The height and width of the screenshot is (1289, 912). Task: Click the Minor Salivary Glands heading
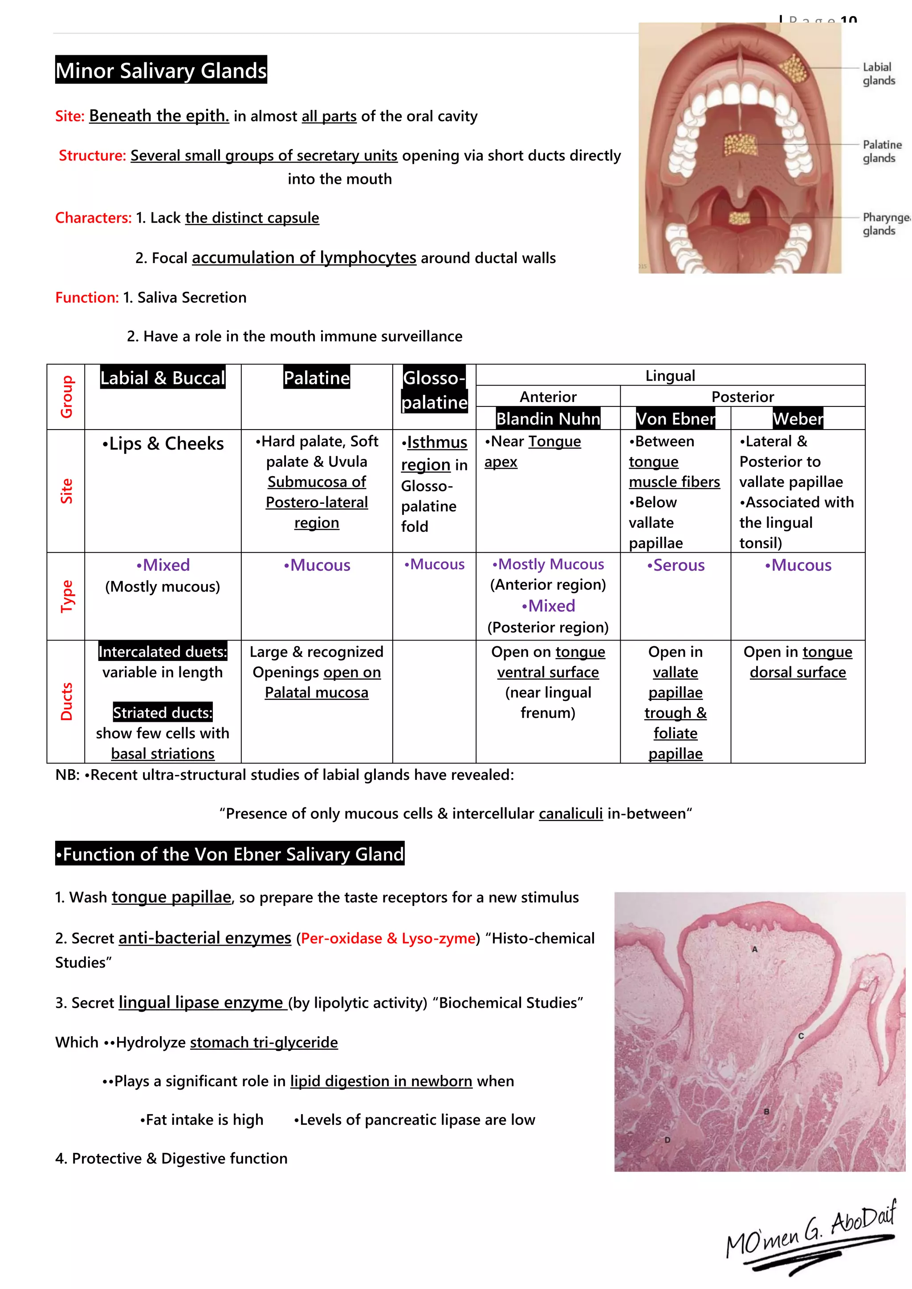click(161, 70)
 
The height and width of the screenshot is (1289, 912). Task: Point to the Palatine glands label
click(881, 152)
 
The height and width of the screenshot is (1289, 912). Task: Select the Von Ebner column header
click(675, 419)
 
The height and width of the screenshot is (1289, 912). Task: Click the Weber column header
click(798, 419)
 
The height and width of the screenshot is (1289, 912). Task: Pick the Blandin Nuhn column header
click(548, 419)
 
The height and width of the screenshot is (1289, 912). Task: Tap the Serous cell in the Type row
click(675, 565)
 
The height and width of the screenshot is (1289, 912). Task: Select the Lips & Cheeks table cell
click(163, 443)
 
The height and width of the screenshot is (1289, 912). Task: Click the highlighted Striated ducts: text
click(163, 713)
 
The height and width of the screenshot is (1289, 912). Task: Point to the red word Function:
click(86, 298)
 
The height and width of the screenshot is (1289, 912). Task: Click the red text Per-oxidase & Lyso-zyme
click(388, 938)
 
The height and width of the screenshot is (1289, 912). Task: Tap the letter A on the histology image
click(755, 949)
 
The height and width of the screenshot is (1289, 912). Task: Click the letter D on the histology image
click(667, 1140)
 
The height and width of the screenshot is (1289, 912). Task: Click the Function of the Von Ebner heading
click(230, 854)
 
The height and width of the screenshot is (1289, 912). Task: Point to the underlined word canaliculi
click(570, 814)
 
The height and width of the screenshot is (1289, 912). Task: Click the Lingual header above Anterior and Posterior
click(670, 376)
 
